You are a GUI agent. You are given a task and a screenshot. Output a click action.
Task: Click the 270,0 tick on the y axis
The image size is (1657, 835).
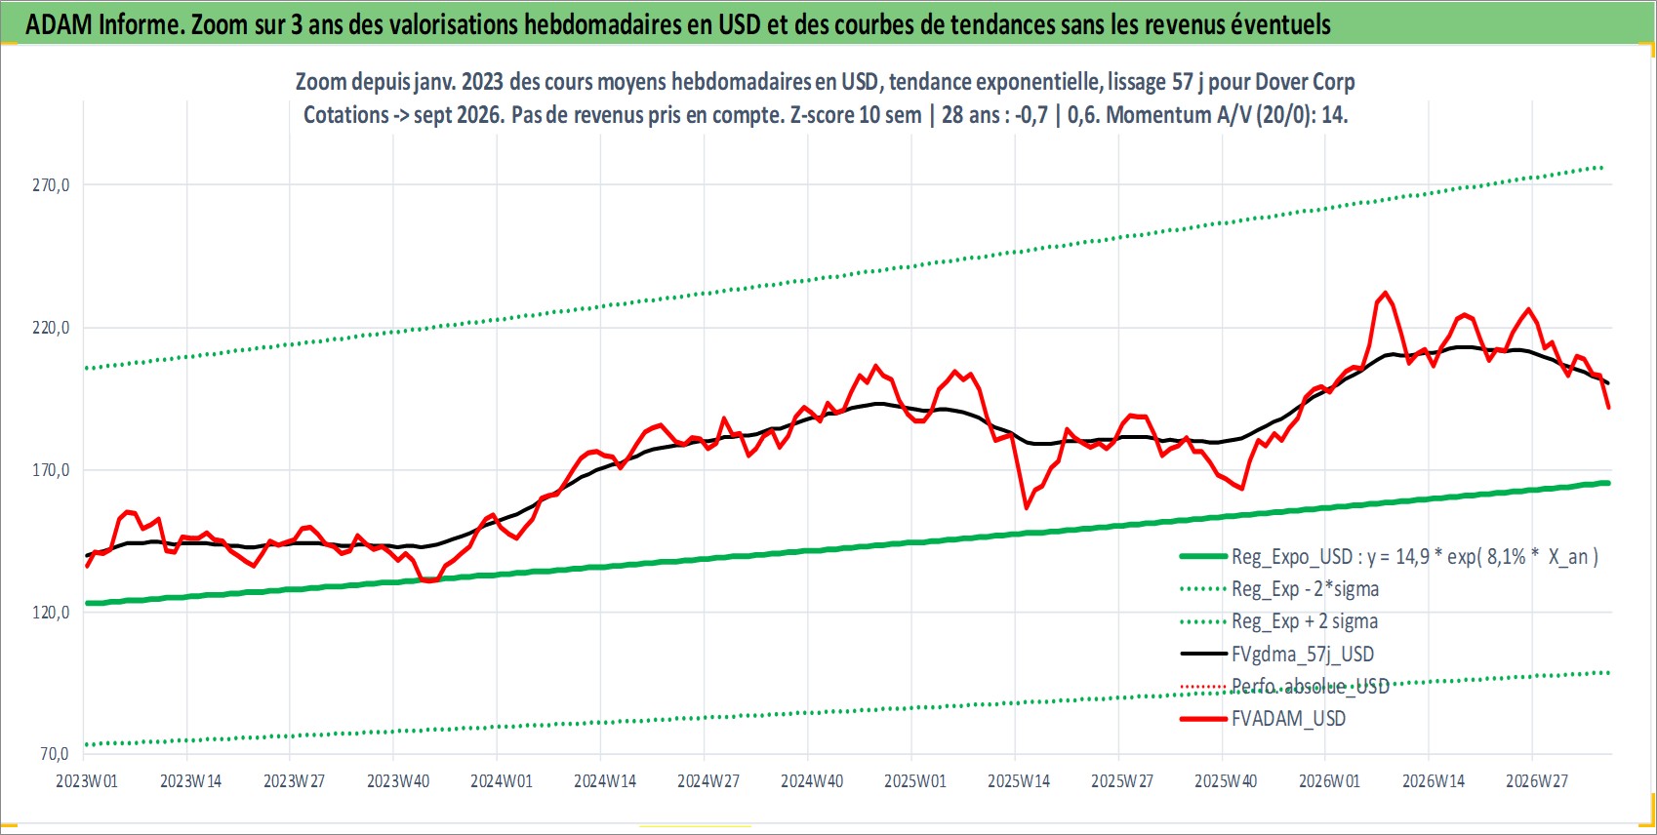[51, 185]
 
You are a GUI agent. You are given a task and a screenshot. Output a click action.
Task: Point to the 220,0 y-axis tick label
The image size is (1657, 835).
[51, 328]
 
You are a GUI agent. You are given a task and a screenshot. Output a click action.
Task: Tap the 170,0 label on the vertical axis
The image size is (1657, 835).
[51, 470]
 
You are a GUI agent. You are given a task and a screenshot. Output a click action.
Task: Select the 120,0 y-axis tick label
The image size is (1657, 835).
[51, 613]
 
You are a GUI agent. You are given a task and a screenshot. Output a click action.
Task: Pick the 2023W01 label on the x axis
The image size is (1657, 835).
[87, 781]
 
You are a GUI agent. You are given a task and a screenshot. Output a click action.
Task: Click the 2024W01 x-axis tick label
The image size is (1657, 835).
[502, 781]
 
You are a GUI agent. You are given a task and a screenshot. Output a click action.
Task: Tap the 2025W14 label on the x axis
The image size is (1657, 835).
[1019, 781]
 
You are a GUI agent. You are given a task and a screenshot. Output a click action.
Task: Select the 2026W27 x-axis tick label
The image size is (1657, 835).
[1536, 781]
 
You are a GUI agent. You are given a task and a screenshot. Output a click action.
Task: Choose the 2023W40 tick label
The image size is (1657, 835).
[398, 781]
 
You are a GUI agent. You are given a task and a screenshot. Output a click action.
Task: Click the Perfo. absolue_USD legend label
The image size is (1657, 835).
[1310, 687]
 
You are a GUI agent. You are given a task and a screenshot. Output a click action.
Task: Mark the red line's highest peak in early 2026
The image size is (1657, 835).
[1385, 293]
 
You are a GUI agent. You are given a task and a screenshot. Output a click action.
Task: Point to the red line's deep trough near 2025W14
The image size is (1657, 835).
[1026, 507]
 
